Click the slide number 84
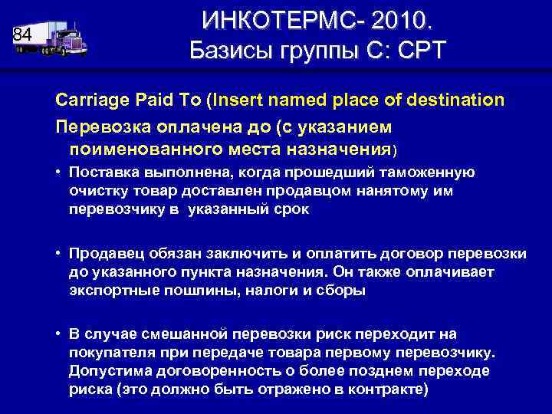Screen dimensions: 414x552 coord(23,35)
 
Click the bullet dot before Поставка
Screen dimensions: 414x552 coord(58,172)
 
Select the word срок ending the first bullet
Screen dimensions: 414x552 coord(292,209)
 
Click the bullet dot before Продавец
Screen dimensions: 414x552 coord(58,254)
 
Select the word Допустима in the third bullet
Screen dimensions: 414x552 coord(103,371)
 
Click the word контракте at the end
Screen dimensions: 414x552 coord(384,389)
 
